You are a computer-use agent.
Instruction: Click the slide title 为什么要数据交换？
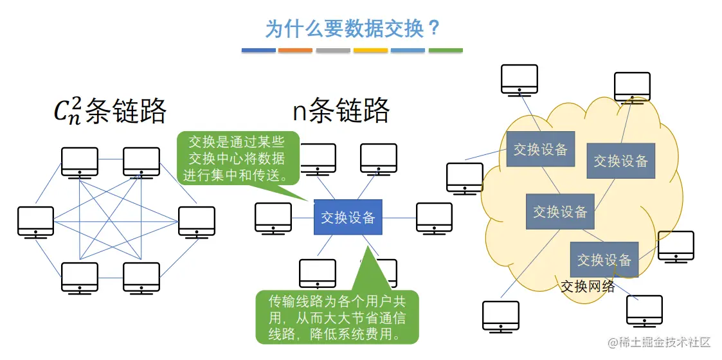[353, 28]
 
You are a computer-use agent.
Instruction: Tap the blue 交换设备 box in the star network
[348, 218]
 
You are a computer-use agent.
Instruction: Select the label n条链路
[341, 111]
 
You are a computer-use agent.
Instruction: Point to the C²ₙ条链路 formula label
[110, 111]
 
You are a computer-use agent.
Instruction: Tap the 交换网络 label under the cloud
[588, 286]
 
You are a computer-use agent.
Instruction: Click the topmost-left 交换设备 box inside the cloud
[541, 150]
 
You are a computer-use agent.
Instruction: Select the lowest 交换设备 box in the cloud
[604, 260]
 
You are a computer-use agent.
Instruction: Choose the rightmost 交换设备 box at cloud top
[620, 161]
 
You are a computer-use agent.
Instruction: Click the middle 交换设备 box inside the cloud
[560, 211]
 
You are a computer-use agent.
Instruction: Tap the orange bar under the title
[295, 50]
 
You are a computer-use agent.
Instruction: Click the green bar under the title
[446, 50]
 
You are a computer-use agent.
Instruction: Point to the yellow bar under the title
[370, 50]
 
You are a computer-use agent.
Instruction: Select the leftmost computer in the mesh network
[36, 221]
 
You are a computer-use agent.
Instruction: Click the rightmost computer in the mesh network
[197, 221]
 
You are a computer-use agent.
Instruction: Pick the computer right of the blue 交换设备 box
[434, 217]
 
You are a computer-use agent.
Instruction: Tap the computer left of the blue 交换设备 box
[273, 217]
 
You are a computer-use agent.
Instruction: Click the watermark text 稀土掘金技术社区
[665, 341]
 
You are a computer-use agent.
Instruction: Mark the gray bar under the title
[332, 50]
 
